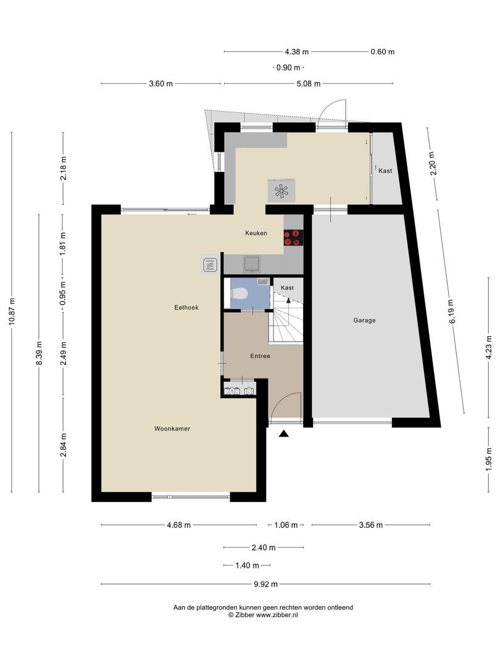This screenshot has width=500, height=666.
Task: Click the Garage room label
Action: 364,320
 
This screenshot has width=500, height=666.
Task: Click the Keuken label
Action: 256,233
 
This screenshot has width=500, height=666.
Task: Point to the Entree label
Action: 260,356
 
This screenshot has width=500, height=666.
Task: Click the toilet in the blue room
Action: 240,294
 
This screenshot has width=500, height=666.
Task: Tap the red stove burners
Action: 293,237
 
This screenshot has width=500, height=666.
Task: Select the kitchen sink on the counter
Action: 251,265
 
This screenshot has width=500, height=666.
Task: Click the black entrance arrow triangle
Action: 283,434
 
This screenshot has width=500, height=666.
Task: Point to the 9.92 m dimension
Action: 265,584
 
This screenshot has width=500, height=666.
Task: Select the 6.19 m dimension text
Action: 452,311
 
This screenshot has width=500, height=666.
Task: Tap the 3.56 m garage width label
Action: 370,525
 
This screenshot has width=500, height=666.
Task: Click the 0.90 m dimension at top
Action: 288,68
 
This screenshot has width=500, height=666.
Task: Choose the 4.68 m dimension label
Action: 178,525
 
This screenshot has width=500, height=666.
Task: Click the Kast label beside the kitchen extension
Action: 385,171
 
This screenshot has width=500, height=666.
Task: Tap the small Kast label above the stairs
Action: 287,288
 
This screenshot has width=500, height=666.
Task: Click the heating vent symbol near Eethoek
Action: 210,265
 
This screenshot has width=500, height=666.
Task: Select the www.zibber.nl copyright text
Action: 263,615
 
